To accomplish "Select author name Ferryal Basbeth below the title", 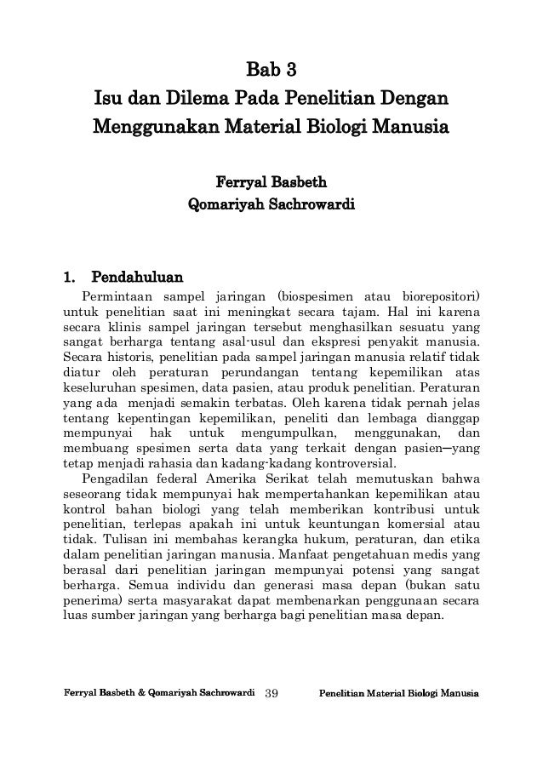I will coord(271,182).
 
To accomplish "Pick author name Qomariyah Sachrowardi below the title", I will coord(271,205).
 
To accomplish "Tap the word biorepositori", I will coord(438,298).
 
